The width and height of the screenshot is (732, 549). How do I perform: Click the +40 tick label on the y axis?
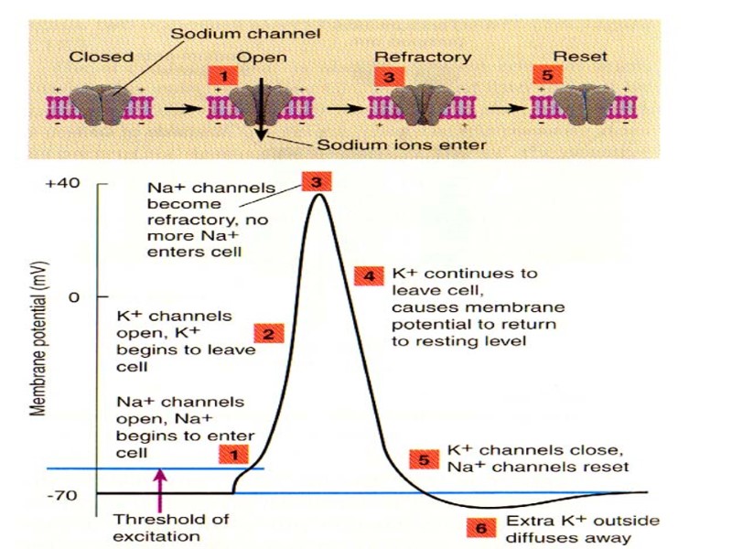(62, 183)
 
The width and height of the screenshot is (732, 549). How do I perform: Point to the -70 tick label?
(64, 495)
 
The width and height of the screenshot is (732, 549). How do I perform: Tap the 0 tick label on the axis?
(74, 297)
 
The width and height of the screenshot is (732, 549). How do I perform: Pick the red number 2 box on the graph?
(267, 334)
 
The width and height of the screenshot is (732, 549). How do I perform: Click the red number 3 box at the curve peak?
(316, 181)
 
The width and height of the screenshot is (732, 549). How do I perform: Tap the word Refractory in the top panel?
(423, 57)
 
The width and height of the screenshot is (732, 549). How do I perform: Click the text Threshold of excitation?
(158, 528)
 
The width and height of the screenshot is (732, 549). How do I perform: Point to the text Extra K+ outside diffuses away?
(568, 528)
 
